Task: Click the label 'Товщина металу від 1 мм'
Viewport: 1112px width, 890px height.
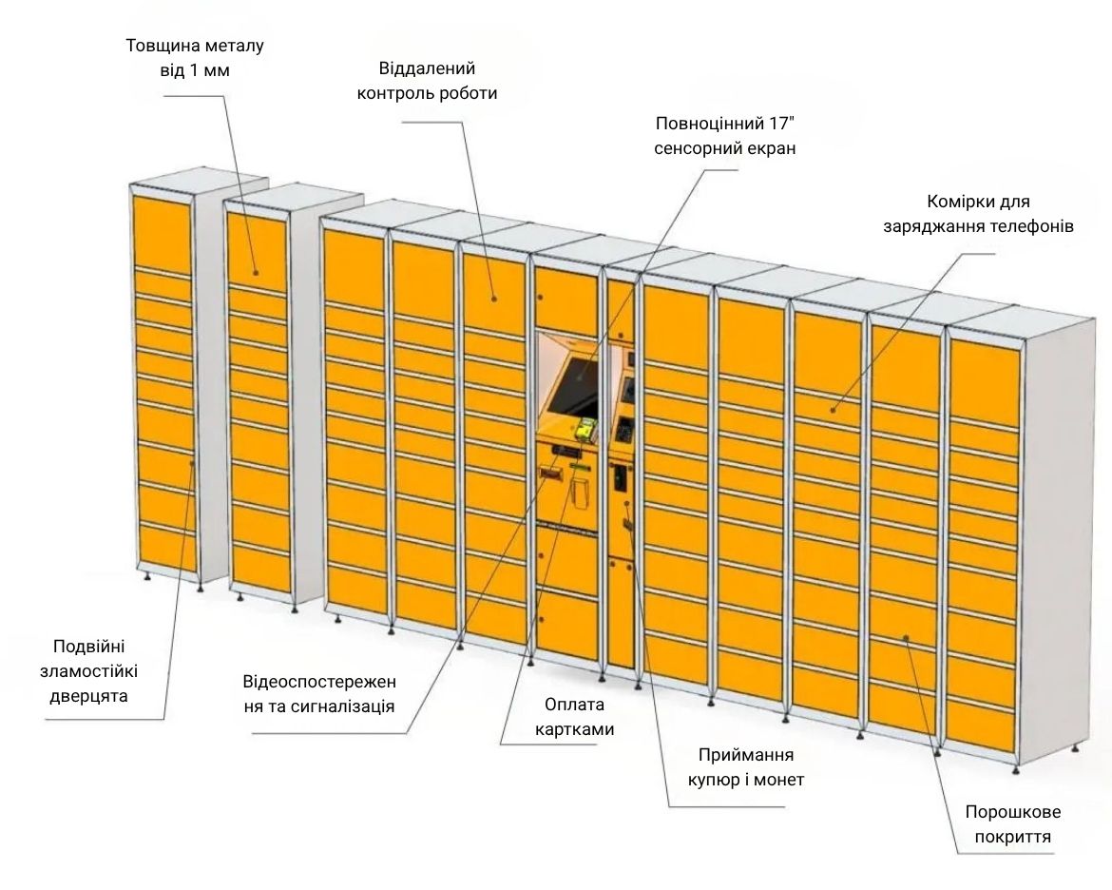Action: coord(195,58)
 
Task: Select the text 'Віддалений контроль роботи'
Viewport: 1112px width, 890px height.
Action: coord(427,81)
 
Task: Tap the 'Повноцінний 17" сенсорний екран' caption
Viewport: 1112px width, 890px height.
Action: coord(725,136)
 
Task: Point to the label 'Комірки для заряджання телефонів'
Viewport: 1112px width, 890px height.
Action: coord(978,214)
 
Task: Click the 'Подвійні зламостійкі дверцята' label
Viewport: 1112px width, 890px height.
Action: coord(88,670)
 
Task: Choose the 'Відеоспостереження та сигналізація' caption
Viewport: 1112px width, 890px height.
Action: coord(319,694)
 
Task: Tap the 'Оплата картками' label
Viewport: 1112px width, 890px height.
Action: coord(574,717)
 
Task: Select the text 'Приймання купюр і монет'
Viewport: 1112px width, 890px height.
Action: coord(746,767)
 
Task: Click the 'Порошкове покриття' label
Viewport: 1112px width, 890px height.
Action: coord(1013,824)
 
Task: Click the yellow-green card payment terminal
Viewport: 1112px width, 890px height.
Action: coord(585,429)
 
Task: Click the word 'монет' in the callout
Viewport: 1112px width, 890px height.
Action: coord(778,780)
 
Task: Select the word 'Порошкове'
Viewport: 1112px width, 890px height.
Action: coord(1013,812)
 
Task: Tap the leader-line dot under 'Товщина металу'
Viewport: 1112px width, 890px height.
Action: coord(256,272)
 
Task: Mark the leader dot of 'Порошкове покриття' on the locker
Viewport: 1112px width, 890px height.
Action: coord(906,638)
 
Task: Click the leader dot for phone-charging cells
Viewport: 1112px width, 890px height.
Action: coord(834,410)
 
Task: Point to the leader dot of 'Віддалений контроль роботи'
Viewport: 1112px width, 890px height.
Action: coord(494,299)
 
